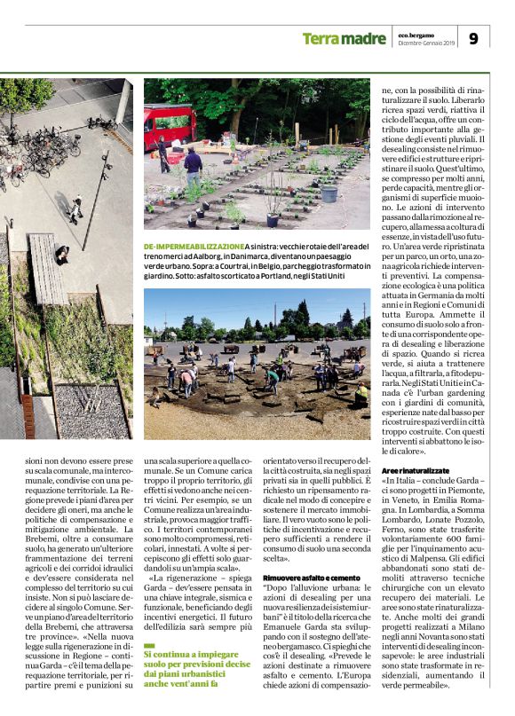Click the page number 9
click(x=472, y=38)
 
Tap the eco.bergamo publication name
click(x=417, y=34)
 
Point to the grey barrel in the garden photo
click(x=329, y=192)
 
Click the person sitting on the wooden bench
click(x=61, y=255)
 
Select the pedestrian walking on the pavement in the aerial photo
click(x=77, y=207)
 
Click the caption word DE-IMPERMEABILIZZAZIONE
click(x=194, y=246)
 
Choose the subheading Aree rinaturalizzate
click(x=415, y=468)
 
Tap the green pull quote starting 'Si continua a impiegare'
click(x=197, y=668)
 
